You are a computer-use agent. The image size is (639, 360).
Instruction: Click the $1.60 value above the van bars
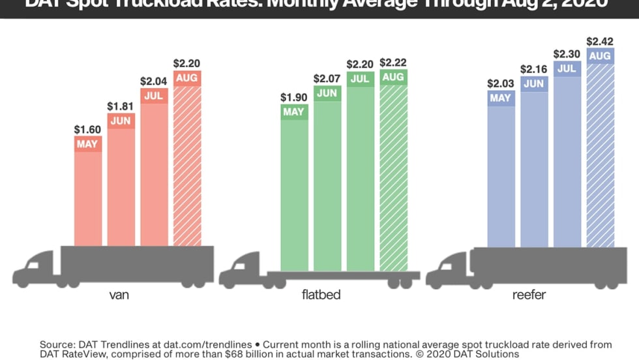pos(88,130)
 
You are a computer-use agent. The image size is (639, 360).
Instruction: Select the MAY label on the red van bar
pos(88,143)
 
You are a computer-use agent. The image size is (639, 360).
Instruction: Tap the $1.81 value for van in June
pos(121,106)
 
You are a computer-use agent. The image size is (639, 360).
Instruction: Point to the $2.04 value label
pos(154,82)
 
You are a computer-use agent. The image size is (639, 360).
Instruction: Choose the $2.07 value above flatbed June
pos(327,78)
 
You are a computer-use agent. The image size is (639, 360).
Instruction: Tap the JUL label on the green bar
pos(360,78)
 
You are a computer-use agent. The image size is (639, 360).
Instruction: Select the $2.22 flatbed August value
pos(393,63)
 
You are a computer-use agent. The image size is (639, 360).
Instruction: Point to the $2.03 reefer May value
pos(501,83)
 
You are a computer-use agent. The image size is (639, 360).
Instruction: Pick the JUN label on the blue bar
pos(534,83)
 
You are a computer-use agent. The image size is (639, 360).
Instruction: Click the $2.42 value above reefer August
pos(600,41)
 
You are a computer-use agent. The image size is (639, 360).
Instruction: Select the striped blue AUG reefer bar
pos(600,157)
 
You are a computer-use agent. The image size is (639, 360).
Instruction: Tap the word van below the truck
pos(119,295)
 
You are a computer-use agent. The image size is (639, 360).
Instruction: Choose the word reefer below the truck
pos(528,295)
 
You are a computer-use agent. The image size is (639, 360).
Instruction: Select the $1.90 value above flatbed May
pos(294,97)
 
